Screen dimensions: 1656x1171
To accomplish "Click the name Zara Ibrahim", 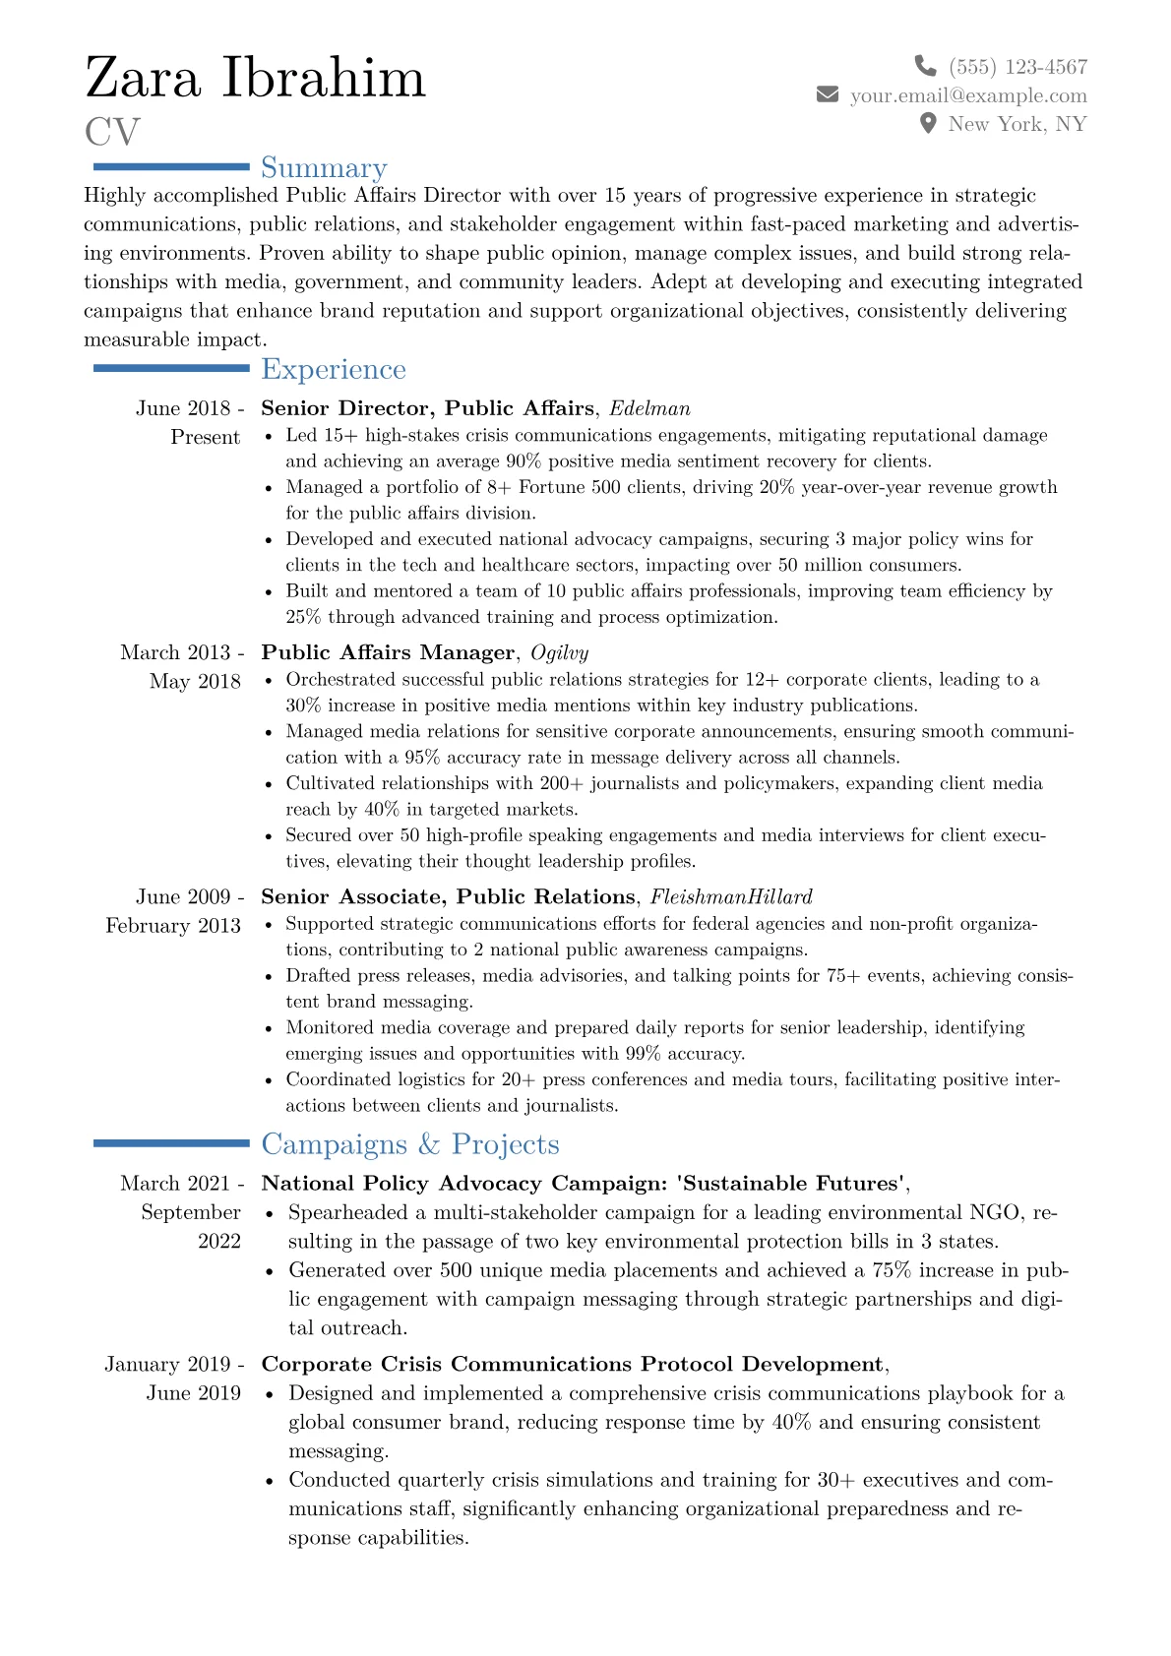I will pyautogui.click(x=256, y=79).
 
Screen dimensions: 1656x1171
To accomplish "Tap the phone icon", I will pyautogui.click(x=925, y=66).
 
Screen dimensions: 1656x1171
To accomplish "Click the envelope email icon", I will pyautogui.click(x=828, y=94).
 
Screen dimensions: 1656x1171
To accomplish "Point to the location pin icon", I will pyautogui.click(x=927, y=123).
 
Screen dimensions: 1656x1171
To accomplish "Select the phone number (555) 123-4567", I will pyautogui.click(x=1017, y=67).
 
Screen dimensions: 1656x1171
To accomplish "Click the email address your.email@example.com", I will pyautogui.click(x=968, y=95).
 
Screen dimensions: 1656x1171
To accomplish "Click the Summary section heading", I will pyautogui.click(x=324, y=168).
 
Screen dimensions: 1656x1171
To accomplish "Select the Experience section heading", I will pyautogui.click(x=334, y=369).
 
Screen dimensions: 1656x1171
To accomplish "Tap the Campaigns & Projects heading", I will pyautogui.click(x=410, y=1144).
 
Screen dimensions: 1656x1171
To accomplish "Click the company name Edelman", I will pyautogui.click(x=649, y=408).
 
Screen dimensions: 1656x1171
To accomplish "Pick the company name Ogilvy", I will pyautogui.click(x=559, y=652).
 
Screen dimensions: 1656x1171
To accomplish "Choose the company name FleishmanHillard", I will pyautogui.click(x=731, y=896).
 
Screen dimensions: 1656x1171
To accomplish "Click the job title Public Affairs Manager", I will pyautogui.click(x=388, y=652).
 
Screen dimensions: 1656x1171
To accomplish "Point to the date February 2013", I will pyautogui.click(x=173, y=926).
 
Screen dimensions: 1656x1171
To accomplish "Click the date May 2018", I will pyautogui.click(x=195, y=682).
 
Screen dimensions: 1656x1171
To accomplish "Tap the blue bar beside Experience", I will pyautogui.click(x=171, y=368).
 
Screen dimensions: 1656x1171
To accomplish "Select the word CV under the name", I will pyautogui.click(x=112, y=132).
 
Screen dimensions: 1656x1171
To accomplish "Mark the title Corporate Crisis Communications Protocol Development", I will pyautogui.click(x=572, y=1365).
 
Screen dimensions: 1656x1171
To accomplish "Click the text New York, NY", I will pyautogui.click(x=1017, y=124).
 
